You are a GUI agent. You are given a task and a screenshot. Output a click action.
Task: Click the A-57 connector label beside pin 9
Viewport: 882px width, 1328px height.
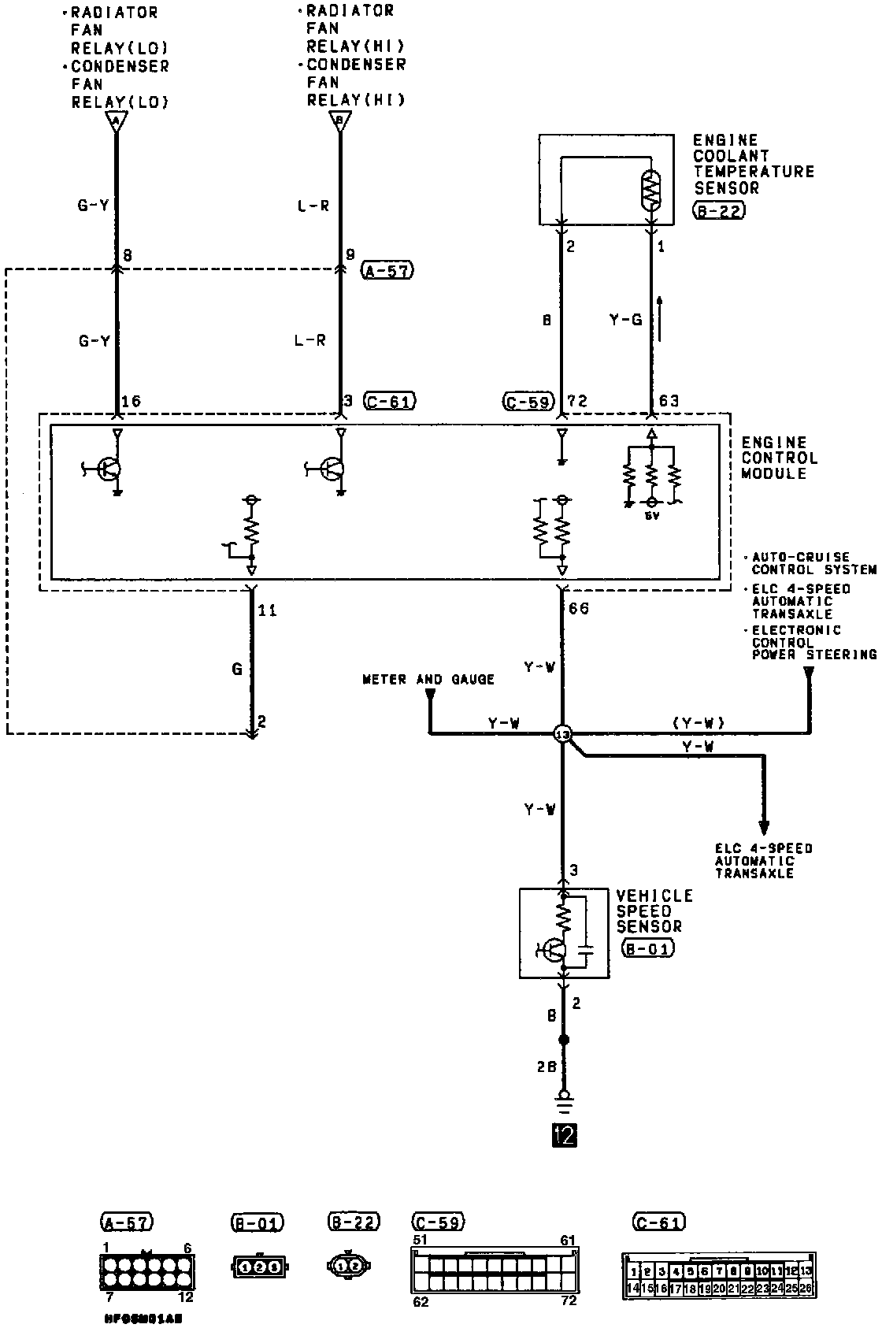click(x=388, y=271)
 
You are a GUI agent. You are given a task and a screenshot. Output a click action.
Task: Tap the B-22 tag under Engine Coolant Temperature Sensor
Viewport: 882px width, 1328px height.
click(x=719, y=210)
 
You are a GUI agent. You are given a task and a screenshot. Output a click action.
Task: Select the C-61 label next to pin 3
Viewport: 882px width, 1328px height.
click(x=390, y=401)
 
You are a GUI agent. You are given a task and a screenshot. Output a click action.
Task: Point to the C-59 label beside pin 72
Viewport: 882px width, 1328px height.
click(x=528, y=401)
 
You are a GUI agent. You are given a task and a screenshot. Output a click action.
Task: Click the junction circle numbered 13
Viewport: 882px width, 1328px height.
click(x=562, y=734)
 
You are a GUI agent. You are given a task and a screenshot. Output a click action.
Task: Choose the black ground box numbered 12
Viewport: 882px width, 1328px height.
click(x=565, y=1134)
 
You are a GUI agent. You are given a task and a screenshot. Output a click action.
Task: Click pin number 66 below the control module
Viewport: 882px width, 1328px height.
click(x=578, y=609)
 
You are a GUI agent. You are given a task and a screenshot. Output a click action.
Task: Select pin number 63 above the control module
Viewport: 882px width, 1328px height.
click(x=669, y=402)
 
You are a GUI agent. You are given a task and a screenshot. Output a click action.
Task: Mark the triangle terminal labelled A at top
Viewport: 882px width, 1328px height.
click(x=116, y=121)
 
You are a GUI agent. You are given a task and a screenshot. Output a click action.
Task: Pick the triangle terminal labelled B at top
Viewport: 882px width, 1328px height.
click(x=340, y=121)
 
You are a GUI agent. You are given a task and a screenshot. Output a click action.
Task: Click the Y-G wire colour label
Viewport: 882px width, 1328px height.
click(x=626, y=320)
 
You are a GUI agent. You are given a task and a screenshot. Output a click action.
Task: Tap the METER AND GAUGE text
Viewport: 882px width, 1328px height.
click(x=428, y=679)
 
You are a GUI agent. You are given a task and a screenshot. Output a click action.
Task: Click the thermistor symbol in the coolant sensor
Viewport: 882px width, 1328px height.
click(x=651, y=190)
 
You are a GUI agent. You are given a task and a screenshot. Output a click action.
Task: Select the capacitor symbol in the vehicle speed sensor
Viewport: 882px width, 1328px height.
click(x=585, y=945)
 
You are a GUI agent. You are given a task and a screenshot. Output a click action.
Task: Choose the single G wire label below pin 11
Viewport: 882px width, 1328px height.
click(x=237, y=669)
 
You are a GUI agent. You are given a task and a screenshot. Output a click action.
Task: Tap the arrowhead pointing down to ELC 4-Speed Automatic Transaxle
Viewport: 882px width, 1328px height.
click(x=763, y=827)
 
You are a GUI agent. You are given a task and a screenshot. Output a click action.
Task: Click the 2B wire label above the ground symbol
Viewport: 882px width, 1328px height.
click(x=547, y=1066)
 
